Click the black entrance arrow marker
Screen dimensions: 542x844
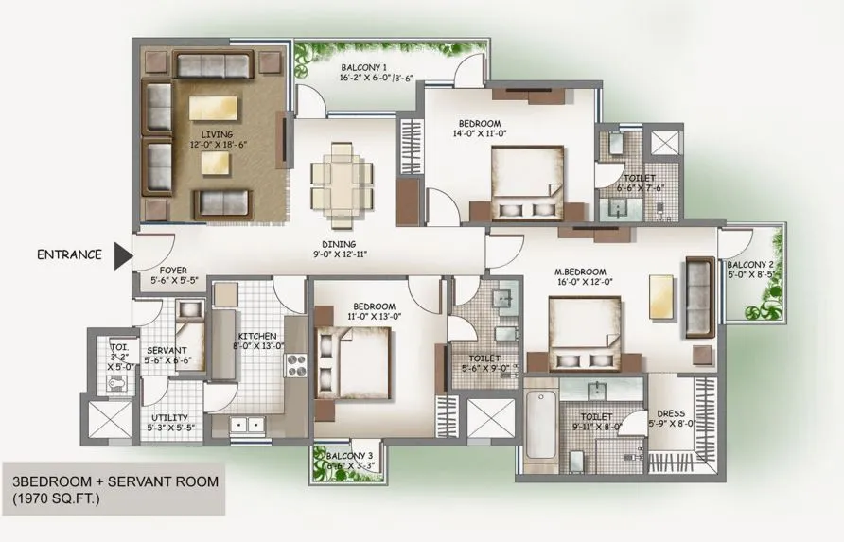[x=121, y=254]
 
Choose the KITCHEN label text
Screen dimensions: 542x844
[x=256, y=336]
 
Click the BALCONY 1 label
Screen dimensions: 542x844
[x=364, y=68]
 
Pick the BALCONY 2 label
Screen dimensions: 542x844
[x=751, y=264]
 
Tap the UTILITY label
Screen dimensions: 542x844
[x=169, y=417]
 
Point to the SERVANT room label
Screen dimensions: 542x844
[x=167, y=350]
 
